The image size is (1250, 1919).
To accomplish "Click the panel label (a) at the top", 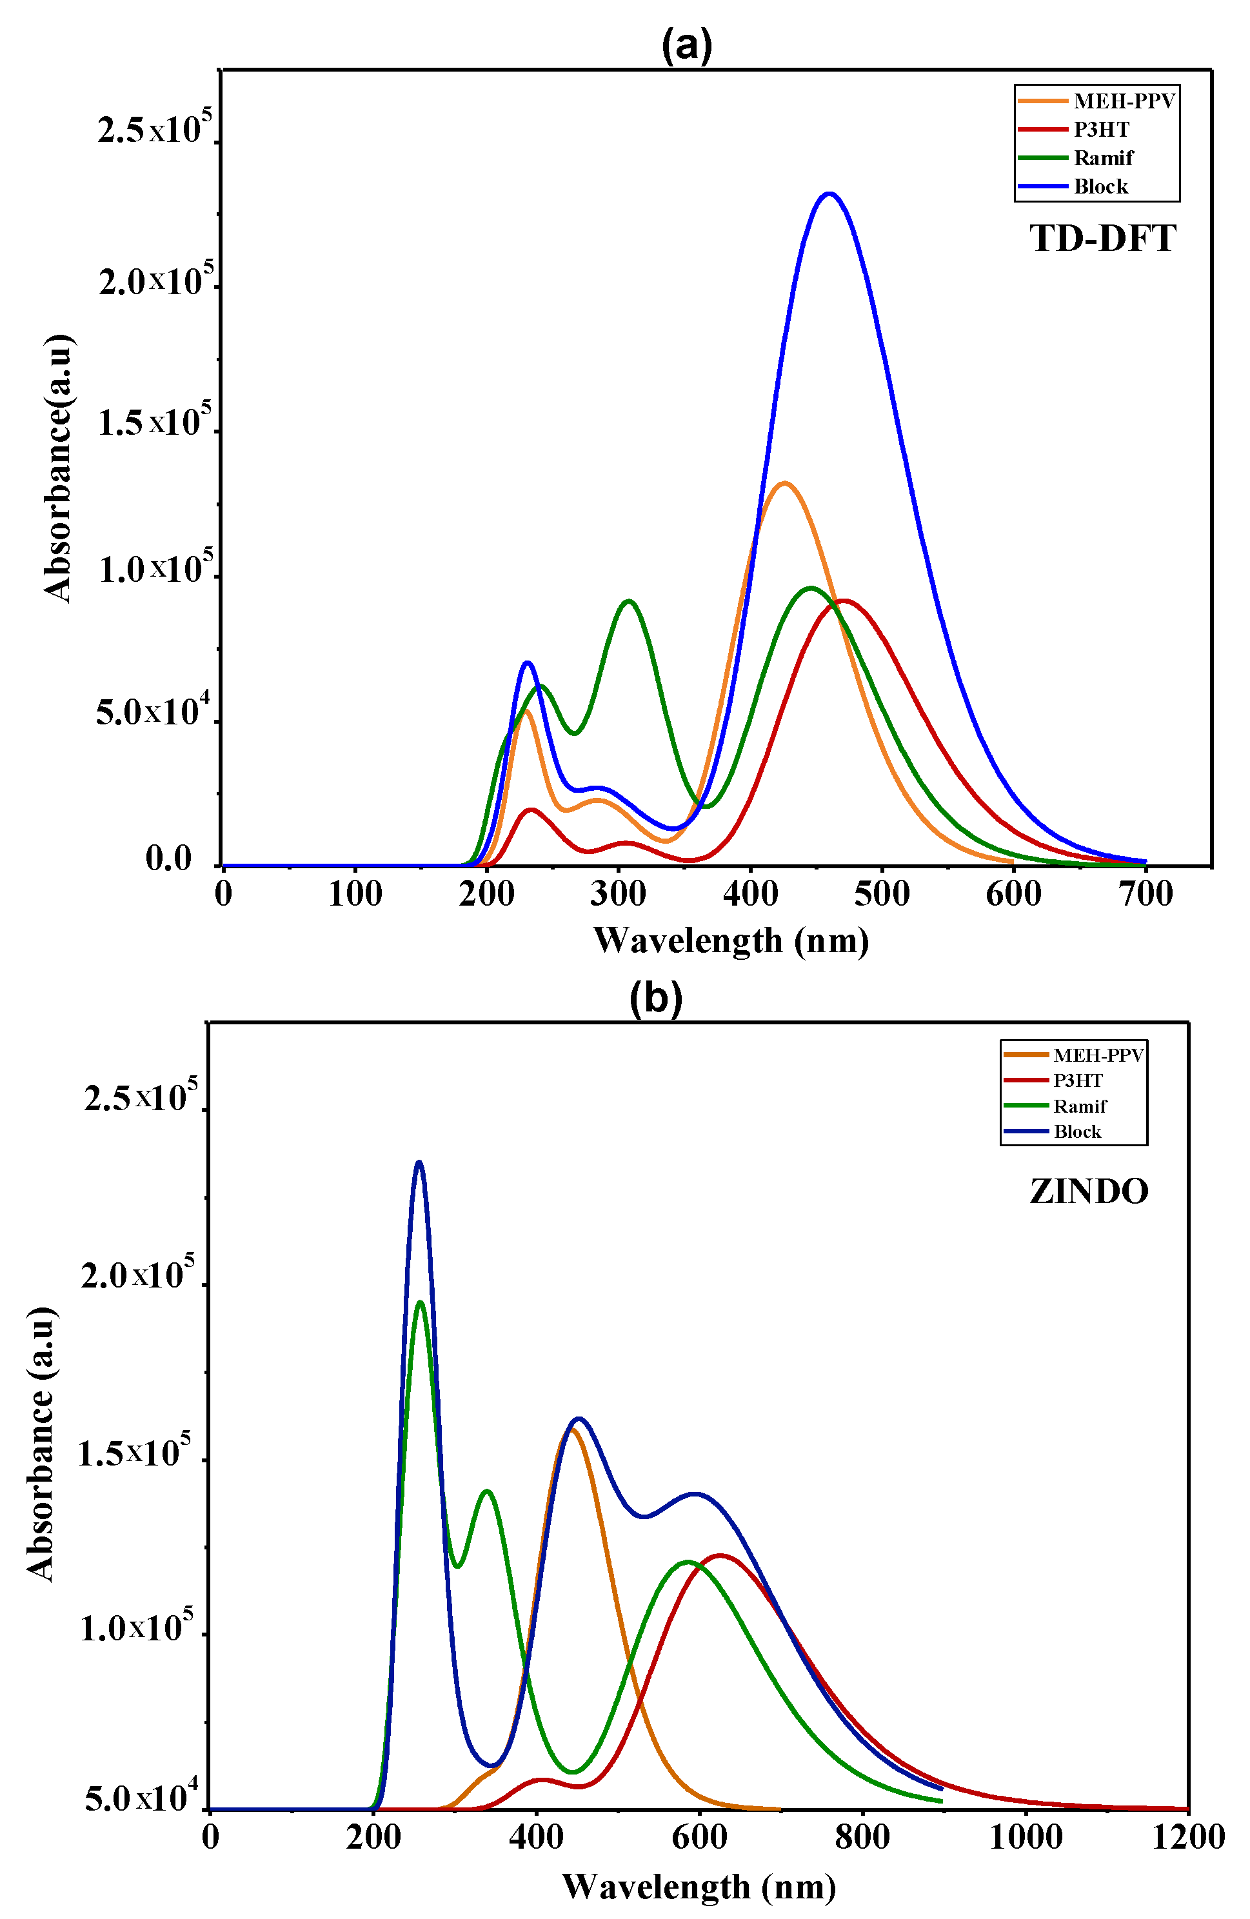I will (x=686, y=45).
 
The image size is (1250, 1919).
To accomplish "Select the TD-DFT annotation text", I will (x=1102, y=239).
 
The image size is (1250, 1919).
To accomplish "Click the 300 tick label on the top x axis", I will (x=618, y=893).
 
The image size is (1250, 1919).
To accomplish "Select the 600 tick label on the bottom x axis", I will (x=699, y=1838).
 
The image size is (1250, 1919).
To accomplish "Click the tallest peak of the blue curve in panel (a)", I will (x=829, y=194).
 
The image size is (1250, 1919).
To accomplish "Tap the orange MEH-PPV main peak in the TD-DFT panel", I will (x=784, y=483).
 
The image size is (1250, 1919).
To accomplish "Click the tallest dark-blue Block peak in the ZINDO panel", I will (x=419, y=1162).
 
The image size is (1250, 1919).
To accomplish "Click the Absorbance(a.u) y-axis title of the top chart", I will (x=58, y=468).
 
